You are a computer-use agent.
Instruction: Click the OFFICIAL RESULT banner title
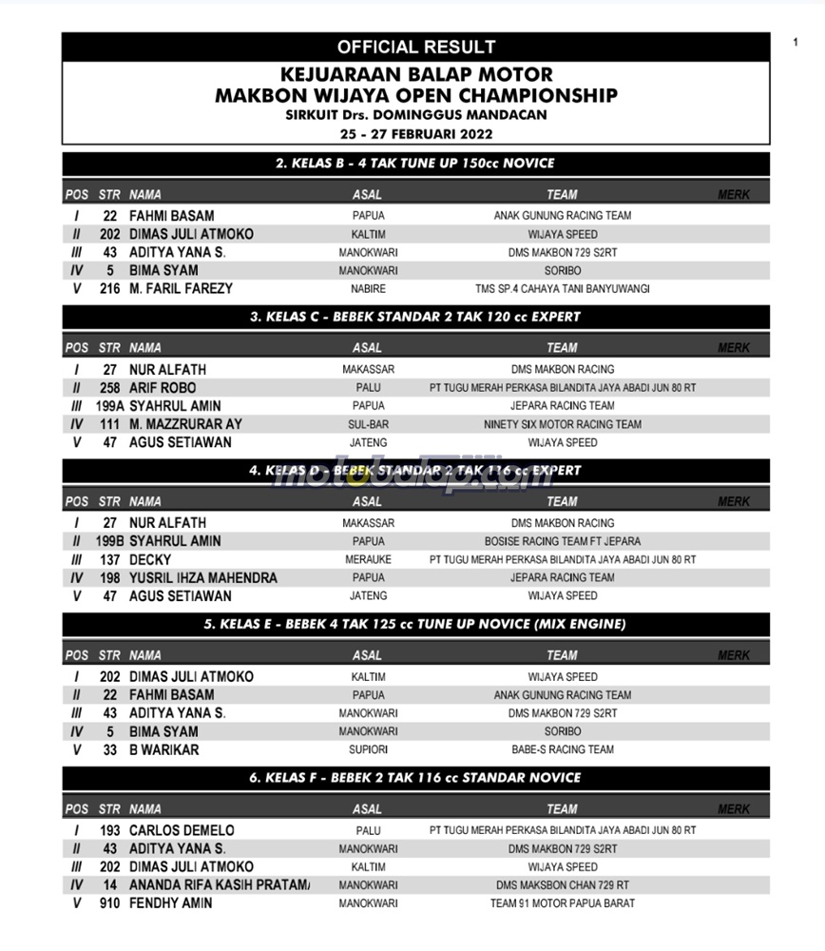click(x=415, y=47)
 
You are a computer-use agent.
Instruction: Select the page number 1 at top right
click(x=795, y=42)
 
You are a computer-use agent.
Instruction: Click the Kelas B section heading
click(x=415, y=164)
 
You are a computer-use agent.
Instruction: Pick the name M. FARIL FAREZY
click(x=181, y=288)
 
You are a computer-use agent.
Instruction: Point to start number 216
click(x=109, y=288)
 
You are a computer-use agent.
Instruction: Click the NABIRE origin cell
click(x=368, y=288)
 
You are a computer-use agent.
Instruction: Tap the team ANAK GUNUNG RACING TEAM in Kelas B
click(x=562, y=216)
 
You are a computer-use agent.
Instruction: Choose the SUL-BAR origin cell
click(x=368, y=424)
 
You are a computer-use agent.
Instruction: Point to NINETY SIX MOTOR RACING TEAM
click(x=562, y=424)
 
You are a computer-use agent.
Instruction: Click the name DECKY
click(x=150, y=560)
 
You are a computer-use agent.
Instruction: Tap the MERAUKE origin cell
click(x=368, y=560)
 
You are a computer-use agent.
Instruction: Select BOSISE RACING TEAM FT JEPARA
click(x=562, y=541)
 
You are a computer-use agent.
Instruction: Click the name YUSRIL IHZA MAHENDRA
click(x=202, y=578)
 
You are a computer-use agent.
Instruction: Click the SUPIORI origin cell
click(x=368, y=749)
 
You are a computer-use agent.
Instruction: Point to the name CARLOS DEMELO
click(x=182, y=830)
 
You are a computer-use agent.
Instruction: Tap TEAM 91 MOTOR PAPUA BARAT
click(x=562, y=903)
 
